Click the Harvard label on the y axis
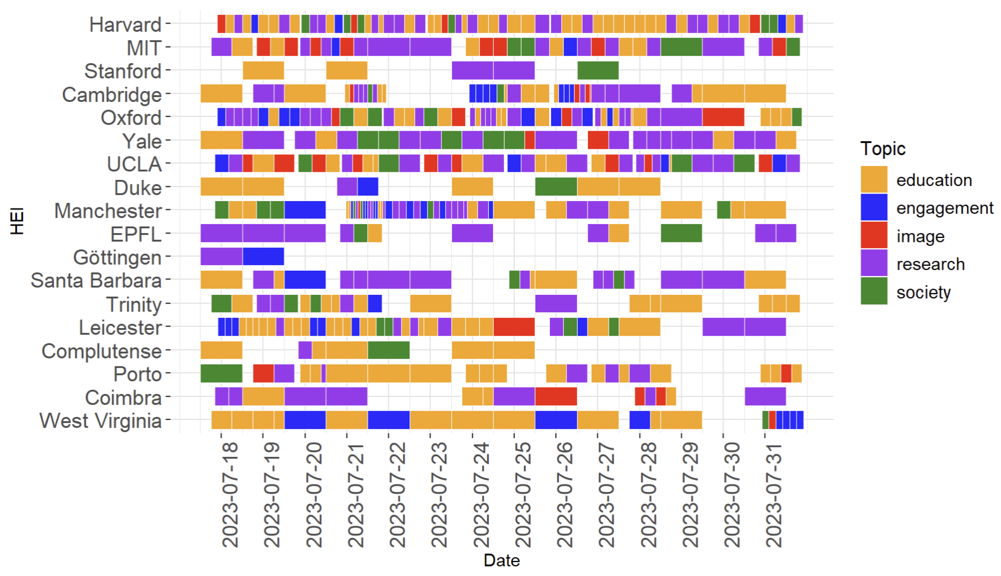tap(125, 25)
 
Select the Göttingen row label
tap(117, 257)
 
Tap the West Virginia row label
tap(100, 420)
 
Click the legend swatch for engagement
tap(874, 207)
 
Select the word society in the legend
tap(923, 292)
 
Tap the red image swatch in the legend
tap(874, 235)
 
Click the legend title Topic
tap(882, 149)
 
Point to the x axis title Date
tap(501, 560)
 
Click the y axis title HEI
tap(17, 221)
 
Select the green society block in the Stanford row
tap(598, 70)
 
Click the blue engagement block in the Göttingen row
tap(263, 256)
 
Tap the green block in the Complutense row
tap(388, 350)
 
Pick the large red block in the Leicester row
tap(514, 327)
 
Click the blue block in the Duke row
tap(367, 187)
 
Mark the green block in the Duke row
tap(556, 187)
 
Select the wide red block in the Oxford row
tap(723, 117)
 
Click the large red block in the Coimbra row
tap(556, 396)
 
